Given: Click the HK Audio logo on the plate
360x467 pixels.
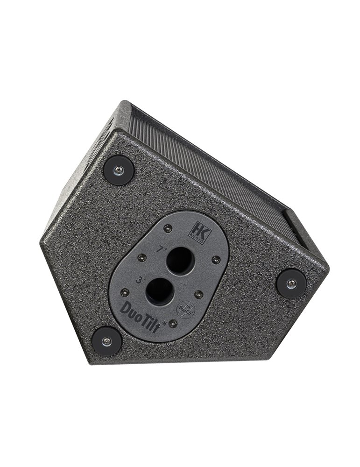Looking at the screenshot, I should point(194,229).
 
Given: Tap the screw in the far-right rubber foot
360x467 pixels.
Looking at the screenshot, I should point(292,283).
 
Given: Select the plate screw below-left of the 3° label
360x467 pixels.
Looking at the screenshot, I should point(124,292).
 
